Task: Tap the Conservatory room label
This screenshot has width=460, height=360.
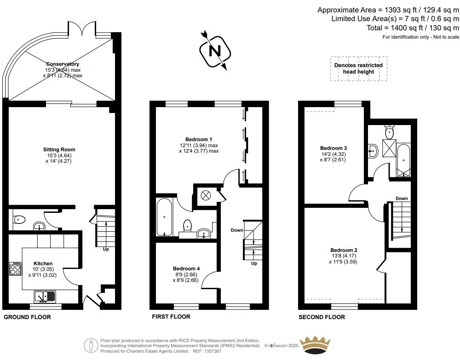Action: [x=63, y=64]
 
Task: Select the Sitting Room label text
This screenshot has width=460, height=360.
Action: [x=59, y=149]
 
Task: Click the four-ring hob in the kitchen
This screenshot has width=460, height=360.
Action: [x=15, y=269]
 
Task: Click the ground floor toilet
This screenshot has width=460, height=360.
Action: [x=19, y=219]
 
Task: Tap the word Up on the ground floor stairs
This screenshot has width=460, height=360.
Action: [x=106, y=250]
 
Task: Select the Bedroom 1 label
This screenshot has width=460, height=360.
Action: [x=199, y=139]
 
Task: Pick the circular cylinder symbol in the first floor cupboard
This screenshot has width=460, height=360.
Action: [x=205, y=195]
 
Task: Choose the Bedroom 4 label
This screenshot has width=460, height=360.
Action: [x=186, y=269]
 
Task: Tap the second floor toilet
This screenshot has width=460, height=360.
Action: [x=390, y=133]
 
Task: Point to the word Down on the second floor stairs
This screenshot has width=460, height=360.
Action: [x=401, y=199]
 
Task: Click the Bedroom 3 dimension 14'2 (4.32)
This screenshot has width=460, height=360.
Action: [x=333, y=154]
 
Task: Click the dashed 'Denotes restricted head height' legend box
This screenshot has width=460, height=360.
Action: [x=358, y=69]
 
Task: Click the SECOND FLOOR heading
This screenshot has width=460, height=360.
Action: [x=322, y=317]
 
